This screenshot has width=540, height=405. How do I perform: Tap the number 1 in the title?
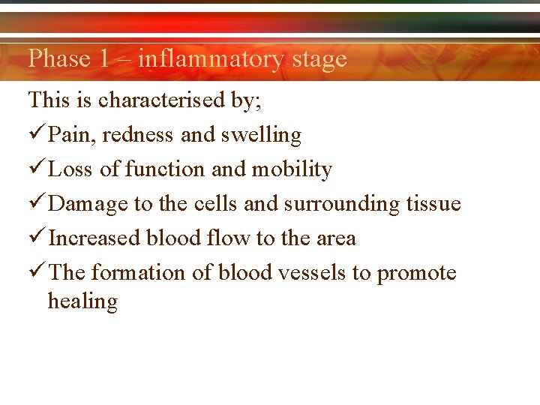[x=103, y=58]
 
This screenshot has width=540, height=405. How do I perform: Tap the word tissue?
[x=433, y=204]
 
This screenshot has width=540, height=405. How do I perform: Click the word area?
[x=334, y=238]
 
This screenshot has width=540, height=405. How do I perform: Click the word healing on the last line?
[x=82, y=301]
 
